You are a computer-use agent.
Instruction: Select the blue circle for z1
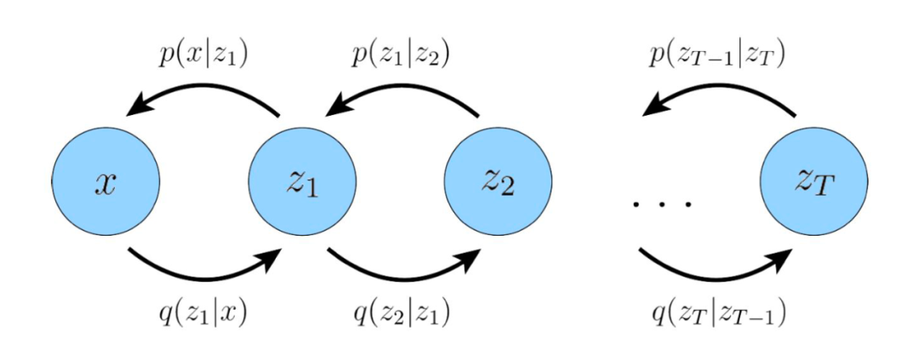coord(302,181)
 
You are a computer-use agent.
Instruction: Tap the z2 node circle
coord(499,181)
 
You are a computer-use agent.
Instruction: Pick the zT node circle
coord(813,181)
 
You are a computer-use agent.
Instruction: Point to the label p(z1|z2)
coord(401,55)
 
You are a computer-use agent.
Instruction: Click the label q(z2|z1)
coord(401,313)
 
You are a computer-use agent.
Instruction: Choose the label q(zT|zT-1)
coord(718,313)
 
